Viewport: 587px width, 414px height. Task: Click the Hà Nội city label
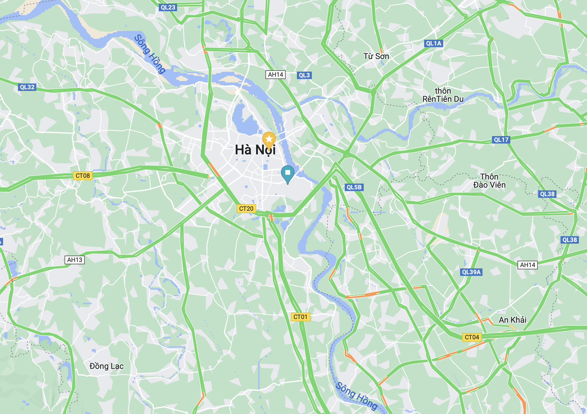coord(255,150)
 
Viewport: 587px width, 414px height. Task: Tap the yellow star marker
coord(269,139)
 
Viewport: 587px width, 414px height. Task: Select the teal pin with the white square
coord(288,173)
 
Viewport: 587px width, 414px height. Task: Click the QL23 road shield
coord(168,7)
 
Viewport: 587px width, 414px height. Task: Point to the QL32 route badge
coord(27,87)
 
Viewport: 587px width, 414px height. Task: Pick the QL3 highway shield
coord(304,75)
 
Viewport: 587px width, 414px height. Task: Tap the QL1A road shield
coord(434,43)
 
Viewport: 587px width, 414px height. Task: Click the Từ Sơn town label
coord(376,56)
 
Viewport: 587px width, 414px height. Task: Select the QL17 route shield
coord(501,140)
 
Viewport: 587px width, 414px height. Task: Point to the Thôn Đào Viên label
coord(489,181)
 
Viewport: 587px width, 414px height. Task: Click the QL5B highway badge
coord(354,187)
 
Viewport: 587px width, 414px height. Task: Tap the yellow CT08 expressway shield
coord(83,176)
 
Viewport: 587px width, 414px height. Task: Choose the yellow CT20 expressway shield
coord(246,209)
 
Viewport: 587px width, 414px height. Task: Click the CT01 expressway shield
coord(300,317)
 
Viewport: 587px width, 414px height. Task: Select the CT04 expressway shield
coord(472,337)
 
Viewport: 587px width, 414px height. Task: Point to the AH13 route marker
coord(75,260)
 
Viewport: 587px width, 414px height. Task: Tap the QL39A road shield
coord(471,272)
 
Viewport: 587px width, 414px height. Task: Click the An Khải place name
coord(512,320)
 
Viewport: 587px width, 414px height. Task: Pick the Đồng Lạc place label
coord(107,366)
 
